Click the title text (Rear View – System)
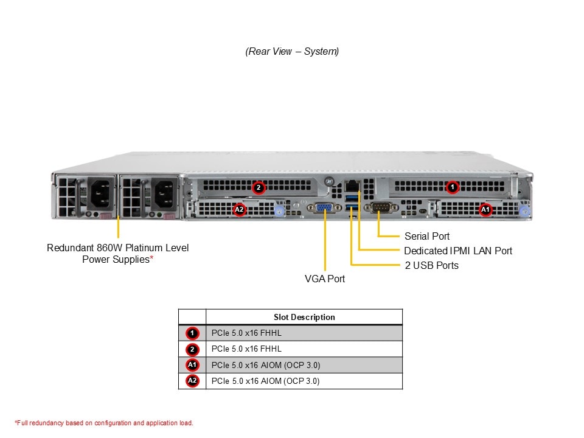(292, 52)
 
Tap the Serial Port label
(427, 236)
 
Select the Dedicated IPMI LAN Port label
(458, 251)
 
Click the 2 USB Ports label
(431, 265)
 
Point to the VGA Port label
(325, 279)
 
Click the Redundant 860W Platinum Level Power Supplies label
(118, 254)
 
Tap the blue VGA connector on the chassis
(324, 208)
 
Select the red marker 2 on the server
(259, 187)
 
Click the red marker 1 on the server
(452, 187)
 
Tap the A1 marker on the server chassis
(485, 210)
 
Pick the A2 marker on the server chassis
(240, 210)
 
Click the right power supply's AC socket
(163, 195)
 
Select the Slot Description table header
(304, 317)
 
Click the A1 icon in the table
(192, 365)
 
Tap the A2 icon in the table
(192, 381)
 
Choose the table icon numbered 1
(192, 333)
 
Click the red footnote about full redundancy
(103, 423)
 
